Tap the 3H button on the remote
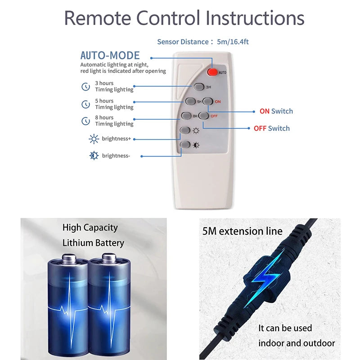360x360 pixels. point(199,87)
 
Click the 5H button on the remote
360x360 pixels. point(190,101)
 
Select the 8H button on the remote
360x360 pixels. point(186,116)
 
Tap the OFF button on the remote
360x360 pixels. point(203,116)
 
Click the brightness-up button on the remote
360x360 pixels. point(185,130)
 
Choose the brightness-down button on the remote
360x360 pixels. point(185,144)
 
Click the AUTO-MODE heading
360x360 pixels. point(110,55)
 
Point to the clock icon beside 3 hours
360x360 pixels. point(85,86)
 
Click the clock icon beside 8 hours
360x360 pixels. point(85,121)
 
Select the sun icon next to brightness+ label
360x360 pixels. point(94,139)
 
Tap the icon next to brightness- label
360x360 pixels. point(94,156)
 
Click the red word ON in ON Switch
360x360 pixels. point(265,111)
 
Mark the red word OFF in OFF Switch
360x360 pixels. point(260,129)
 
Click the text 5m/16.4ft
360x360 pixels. point(233,42)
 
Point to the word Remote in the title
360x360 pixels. point(97,18)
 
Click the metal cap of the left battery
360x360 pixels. point(69,258)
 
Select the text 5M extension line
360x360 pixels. point(243,231)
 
